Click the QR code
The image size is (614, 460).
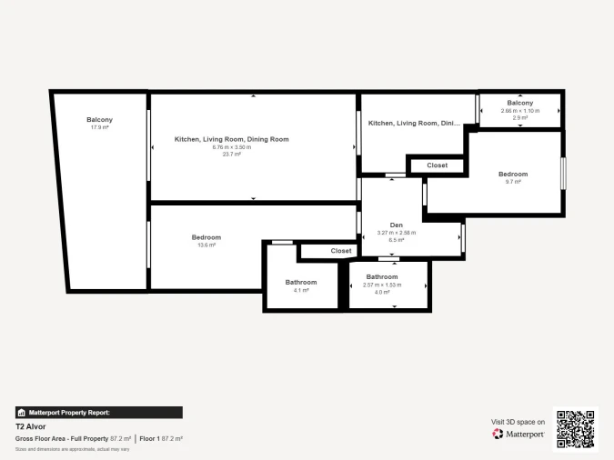tap(575, 428)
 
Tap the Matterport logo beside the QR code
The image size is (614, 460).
tap(518, 435)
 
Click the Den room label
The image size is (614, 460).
tap(397, 225)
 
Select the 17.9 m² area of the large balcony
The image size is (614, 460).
tap(99, 128)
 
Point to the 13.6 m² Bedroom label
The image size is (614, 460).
tap(206, 237)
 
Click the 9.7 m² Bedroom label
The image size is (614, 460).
tap(512, 174)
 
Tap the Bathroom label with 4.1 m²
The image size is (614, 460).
tap(301, 282)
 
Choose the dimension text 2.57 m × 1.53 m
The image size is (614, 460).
tap(382, 285)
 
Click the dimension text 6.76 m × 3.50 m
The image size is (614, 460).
tap(231, 147)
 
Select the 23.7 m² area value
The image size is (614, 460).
tap(231, 155)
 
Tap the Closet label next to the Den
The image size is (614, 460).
tap(437, 165)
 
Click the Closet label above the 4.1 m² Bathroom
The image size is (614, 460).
tap(341, 251)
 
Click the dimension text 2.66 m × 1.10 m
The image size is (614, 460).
tap(520, 111)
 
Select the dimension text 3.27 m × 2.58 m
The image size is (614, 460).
tap(397, 233)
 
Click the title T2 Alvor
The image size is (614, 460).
tap(31, 426)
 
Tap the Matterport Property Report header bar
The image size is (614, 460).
tap(99, 412)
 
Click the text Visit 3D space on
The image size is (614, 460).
tap(518, 422)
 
